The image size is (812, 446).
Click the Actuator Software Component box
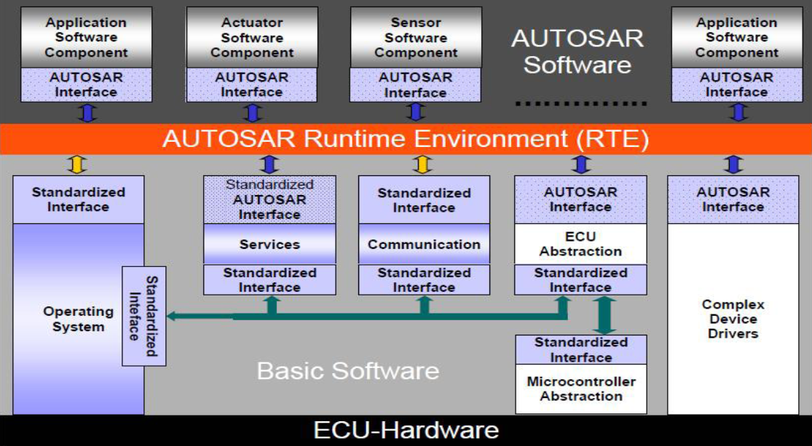click(252, 37)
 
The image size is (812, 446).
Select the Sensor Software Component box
click(415, 37)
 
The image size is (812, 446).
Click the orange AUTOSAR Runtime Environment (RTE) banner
click(405, 139)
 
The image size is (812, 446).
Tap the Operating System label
click(78, 319)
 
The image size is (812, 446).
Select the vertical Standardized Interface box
click(144, 316)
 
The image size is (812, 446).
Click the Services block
click(269, 244)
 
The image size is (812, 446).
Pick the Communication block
click(424, 244)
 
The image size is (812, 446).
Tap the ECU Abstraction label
click(580, 244)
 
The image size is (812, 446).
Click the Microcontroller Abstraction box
click(580, 389)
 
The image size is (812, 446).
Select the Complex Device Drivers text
click(733, 319)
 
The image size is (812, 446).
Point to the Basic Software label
click(347, 371)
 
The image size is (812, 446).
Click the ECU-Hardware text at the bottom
click(406, 430)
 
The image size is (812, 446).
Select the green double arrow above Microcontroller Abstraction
click(604, 314)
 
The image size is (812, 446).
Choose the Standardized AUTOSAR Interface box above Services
click(269, 199)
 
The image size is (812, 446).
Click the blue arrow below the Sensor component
click(415, 112)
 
